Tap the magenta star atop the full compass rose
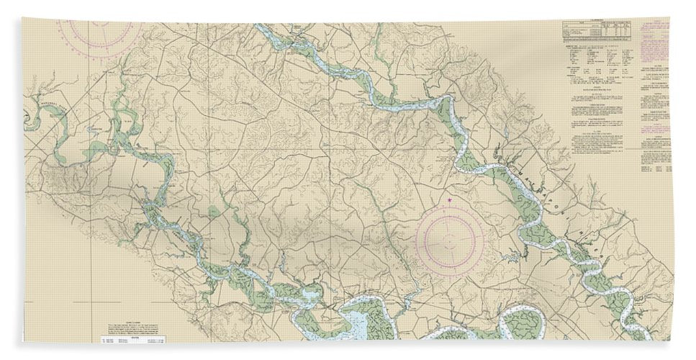(450, 200)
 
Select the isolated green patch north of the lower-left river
(214, 213)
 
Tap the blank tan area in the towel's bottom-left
(58, 302)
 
